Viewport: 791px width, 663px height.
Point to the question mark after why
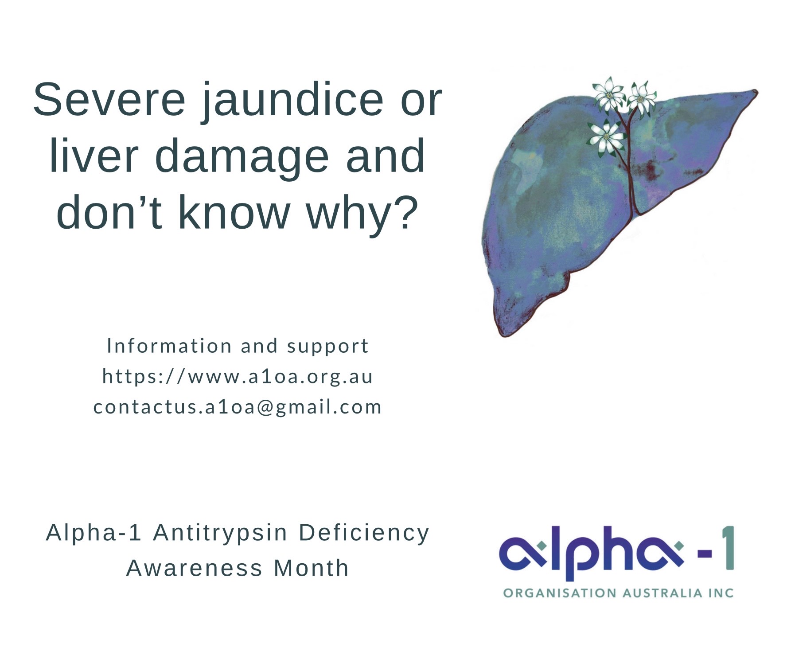pos(406,212)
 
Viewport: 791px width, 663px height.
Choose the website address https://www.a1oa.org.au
pos(238,377)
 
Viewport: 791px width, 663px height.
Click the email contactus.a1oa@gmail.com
pos(238,407)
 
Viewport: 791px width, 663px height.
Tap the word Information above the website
pos(169,346)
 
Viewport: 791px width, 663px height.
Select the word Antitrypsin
pos(220,533)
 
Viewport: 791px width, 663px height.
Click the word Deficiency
pos(364,533)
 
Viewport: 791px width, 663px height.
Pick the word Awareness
pos(195,568)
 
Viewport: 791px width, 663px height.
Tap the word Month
pos(311,568)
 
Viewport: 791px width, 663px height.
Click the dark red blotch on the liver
pos(648,170)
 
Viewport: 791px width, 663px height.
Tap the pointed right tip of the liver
pos(756,92)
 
